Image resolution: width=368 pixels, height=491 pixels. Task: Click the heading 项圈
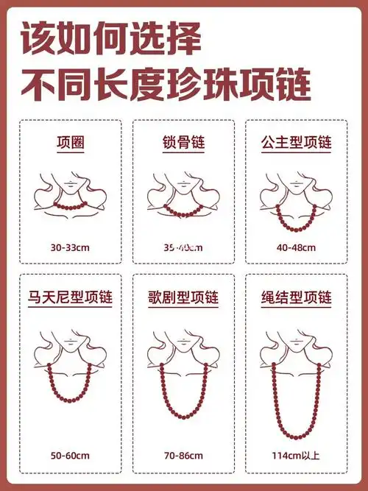tap(70, 144)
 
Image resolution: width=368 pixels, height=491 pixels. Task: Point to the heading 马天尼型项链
tap(70, 299)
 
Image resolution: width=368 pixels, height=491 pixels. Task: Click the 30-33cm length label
tap(70, 248)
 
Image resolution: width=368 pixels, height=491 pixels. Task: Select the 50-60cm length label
tap(70, 456)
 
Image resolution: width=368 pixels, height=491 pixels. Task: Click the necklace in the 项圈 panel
tap(71, 202)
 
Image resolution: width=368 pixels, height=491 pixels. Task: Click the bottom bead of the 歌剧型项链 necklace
tap(183, 417)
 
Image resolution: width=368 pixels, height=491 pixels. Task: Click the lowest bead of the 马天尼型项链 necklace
tap(70, 402)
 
